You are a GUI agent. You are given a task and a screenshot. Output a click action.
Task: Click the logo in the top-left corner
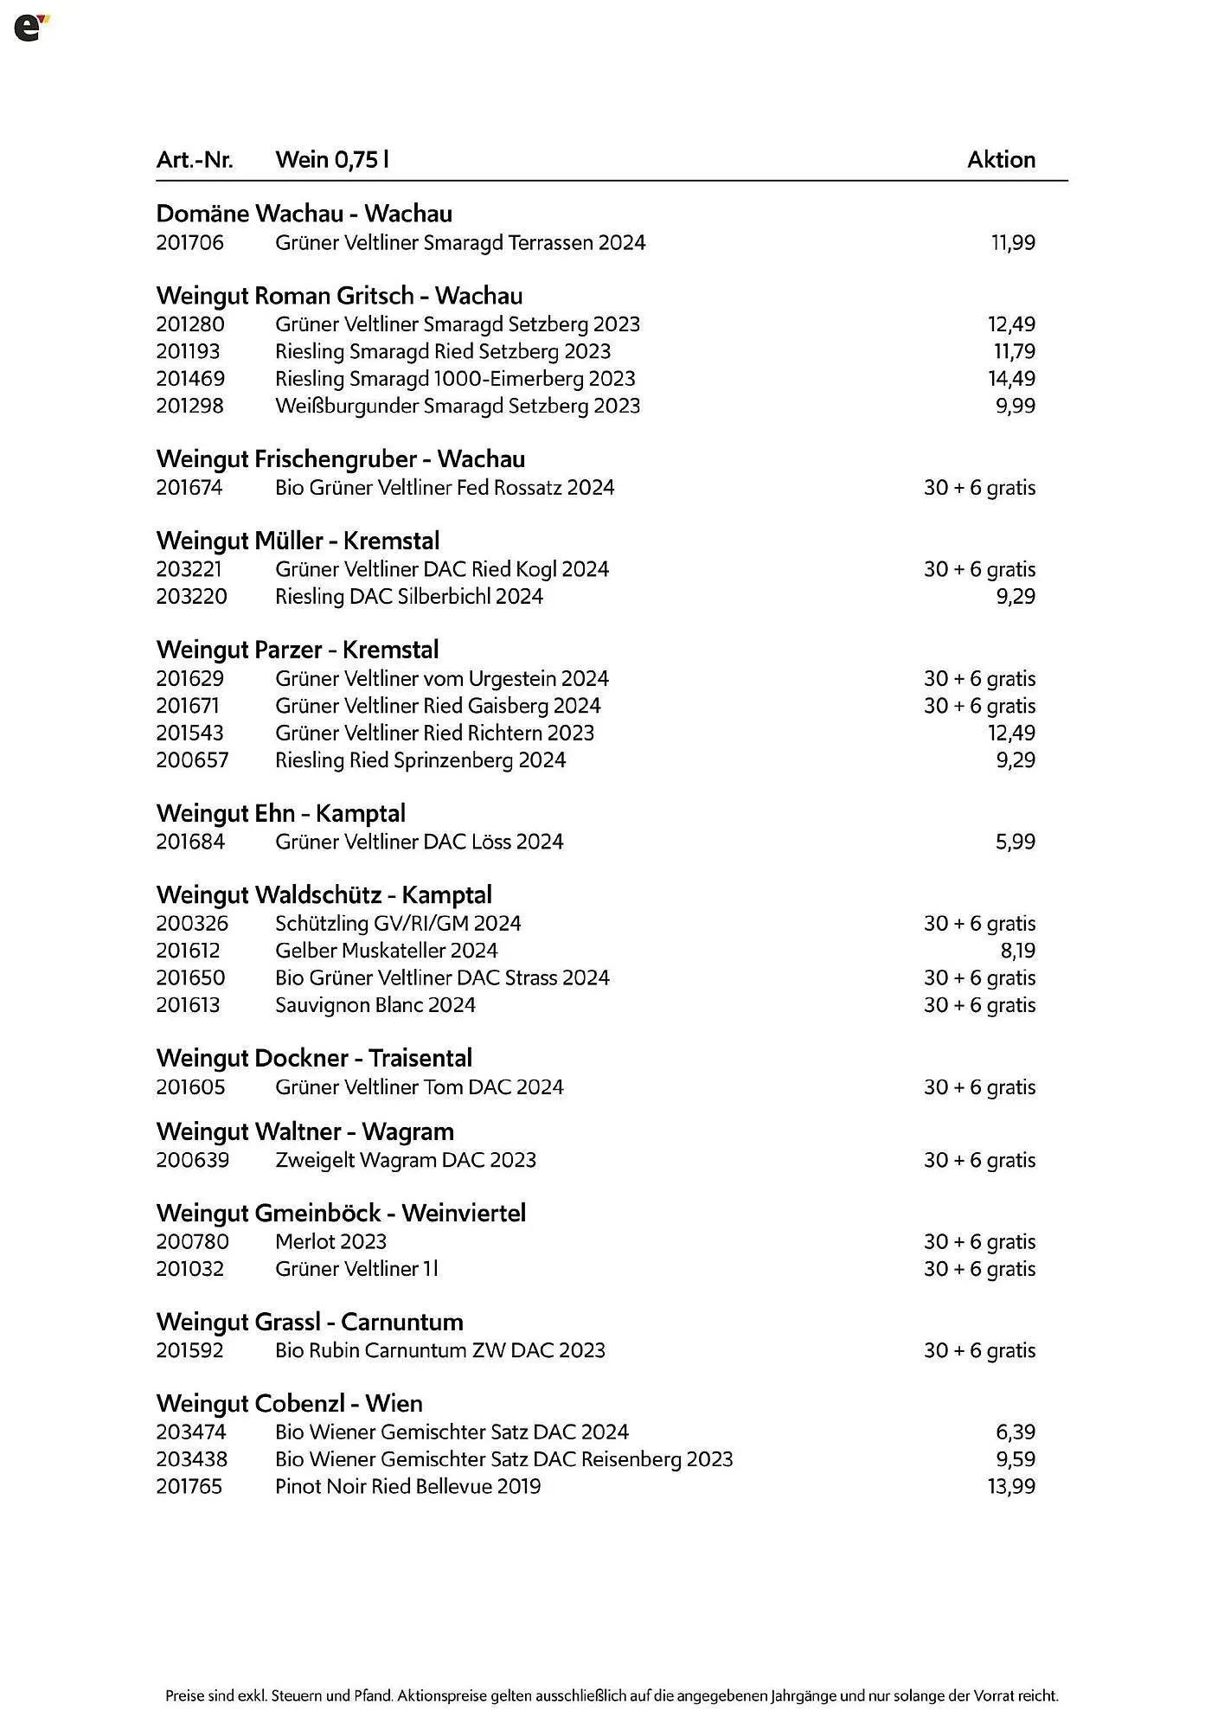click(31, 28)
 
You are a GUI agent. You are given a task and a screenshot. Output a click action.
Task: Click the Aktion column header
click(1001, 160)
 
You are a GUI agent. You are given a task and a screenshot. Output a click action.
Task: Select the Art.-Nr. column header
click(195, 160)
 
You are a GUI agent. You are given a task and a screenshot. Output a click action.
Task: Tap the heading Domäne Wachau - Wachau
click(304, 214)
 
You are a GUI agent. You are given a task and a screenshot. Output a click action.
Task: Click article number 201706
click(189, 243)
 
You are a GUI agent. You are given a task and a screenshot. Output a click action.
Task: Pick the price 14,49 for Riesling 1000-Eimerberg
click(1011, 379)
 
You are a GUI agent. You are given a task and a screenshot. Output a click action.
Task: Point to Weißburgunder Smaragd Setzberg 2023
click(458, 406)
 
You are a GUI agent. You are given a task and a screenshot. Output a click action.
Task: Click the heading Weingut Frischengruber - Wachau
click(340, 459)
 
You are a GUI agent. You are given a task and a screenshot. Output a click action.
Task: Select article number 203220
click(191, 597)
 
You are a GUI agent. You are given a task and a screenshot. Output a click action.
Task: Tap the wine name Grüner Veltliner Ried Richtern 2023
click(434, 734)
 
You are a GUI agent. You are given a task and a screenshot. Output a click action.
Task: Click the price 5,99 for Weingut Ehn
click(1015, 842)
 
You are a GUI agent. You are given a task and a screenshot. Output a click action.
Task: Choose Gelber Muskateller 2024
click(386, 951)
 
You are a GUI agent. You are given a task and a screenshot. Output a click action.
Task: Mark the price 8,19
click(1017, 951)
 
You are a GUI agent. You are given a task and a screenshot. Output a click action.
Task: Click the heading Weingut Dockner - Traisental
click(314, 1059)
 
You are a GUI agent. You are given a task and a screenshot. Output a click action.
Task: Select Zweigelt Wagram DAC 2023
click(405, 1160)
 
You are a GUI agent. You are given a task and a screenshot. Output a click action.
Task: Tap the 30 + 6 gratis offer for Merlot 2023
click(979, 1242)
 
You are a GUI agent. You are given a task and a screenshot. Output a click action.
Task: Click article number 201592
click(189, 1350)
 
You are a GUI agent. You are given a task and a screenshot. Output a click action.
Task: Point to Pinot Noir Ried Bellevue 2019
click(407, 1487)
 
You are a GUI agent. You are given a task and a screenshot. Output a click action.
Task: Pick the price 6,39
click(1015, 1432)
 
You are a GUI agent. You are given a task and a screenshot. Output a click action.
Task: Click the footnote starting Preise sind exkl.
click(612, 1696)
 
